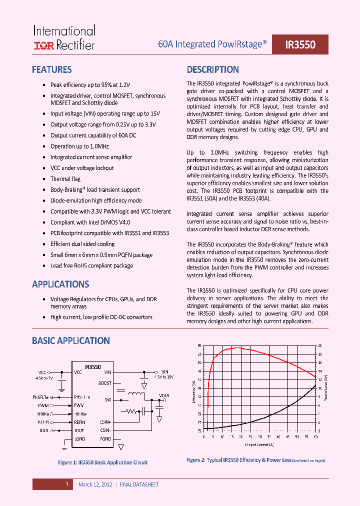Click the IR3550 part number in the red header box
(300, 44)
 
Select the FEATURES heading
(51, 70)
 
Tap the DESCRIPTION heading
(212, 70)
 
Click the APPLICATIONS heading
(60, 284)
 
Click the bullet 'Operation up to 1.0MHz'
(79, 146)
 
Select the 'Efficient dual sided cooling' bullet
(82, 244)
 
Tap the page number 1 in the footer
(66, 484)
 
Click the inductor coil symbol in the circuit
(135, 395)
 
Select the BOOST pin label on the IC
(105, 383)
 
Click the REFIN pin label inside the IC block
(80, 422)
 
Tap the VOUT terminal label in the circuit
(164, 395)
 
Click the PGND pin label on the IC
(105, 438)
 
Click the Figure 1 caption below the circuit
(103, 462)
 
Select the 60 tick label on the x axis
(315, 436)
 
